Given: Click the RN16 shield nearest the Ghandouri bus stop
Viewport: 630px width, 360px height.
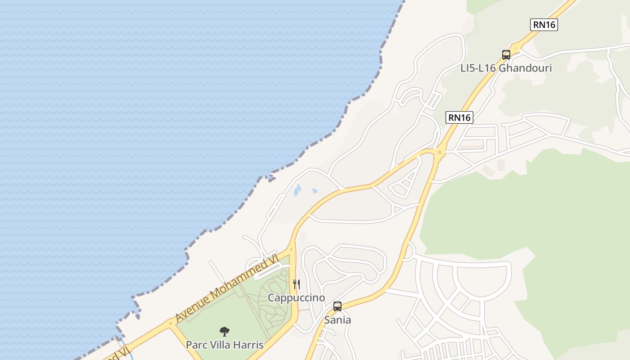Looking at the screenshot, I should click(544, 25).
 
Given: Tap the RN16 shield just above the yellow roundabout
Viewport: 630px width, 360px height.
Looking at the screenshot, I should click(459, 117).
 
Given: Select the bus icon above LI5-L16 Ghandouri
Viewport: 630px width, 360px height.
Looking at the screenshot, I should click(506, 55).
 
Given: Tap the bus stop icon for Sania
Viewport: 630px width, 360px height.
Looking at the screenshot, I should click(337, 306).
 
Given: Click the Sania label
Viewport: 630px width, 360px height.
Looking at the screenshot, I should click(337, 320).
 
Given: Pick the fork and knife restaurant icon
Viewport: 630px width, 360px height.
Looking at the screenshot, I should click(297, 284).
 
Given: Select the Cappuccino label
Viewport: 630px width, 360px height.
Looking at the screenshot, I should click(296, 297).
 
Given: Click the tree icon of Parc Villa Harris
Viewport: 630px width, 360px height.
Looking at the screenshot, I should click(225, 332).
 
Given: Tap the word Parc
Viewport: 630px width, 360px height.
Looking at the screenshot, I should click(196, 345).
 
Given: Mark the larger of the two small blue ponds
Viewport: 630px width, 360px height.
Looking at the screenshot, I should click(297, 190).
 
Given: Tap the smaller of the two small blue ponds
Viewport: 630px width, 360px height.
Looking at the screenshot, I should click(315, 191).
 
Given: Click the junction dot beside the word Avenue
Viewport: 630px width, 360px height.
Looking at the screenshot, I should click(170, 323).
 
